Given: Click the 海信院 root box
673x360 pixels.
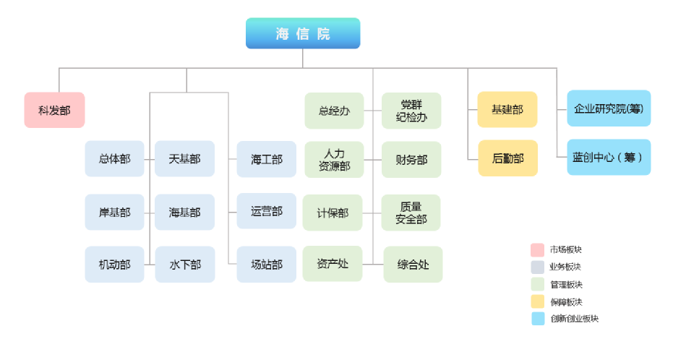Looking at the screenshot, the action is pos(303,33).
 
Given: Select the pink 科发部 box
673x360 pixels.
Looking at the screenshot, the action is pos(54,110).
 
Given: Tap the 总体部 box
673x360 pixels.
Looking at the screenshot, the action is pos(115,159).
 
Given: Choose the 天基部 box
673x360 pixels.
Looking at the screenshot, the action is pos(184,159).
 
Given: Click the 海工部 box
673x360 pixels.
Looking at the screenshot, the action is pos(267,159).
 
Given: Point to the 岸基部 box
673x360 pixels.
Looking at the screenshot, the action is pos(115,212).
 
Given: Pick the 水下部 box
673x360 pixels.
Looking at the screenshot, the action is pos(185,265).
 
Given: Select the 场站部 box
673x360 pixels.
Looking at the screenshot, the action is pos(267,265).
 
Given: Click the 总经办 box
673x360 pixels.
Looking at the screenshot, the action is pos(335,111).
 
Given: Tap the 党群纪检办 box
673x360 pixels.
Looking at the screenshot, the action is pos(411,111).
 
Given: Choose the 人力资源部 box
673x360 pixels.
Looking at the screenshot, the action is pos(335,160).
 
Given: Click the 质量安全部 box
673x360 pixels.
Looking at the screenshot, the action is pos(411,213).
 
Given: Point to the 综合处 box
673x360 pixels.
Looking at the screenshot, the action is pos(413,265).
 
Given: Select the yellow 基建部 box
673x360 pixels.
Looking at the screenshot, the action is pos(507,109).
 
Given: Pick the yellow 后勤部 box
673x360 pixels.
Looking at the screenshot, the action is pos(507,158).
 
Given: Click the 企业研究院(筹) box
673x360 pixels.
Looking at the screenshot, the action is pos(609,108).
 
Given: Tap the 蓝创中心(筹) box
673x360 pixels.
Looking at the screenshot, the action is pos(609,157).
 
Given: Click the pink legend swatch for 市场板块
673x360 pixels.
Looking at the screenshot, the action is pos(537,249).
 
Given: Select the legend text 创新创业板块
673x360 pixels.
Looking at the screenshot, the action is pos(574,318).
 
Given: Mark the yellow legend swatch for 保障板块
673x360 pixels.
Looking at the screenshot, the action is pos(537,301).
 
